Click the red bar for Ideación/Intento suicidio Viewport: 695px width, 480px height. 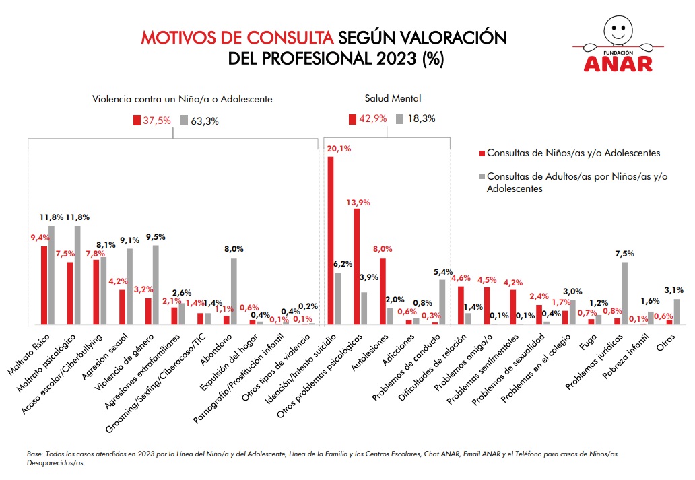tap(331, 240)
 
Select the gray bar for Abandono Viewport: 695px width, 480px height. tap(234, 291)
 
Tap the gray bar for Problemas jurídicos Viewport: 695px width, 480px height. tap(625, 293)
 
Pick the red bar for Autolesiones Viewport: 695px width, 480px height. tap(383, 291)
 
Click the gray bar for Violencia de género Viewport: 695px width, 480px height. tap(156, 285)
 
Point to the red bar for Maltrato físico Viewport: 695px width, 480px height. tap(44, 285)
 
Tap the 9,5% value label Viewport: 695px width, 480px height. tap(155, 237)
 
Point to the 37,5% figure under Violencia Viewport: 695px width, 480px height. tap(156, 121)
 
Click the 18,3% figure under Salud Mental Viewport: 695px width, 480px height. tap(421, 119)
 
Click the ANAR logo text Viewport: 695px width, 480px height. tap(618, 63)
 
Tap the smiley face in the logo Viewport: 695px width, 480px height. tap(618, 27)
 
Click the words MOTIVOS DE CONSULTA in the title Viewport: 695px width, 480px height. tap(237, 36)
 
